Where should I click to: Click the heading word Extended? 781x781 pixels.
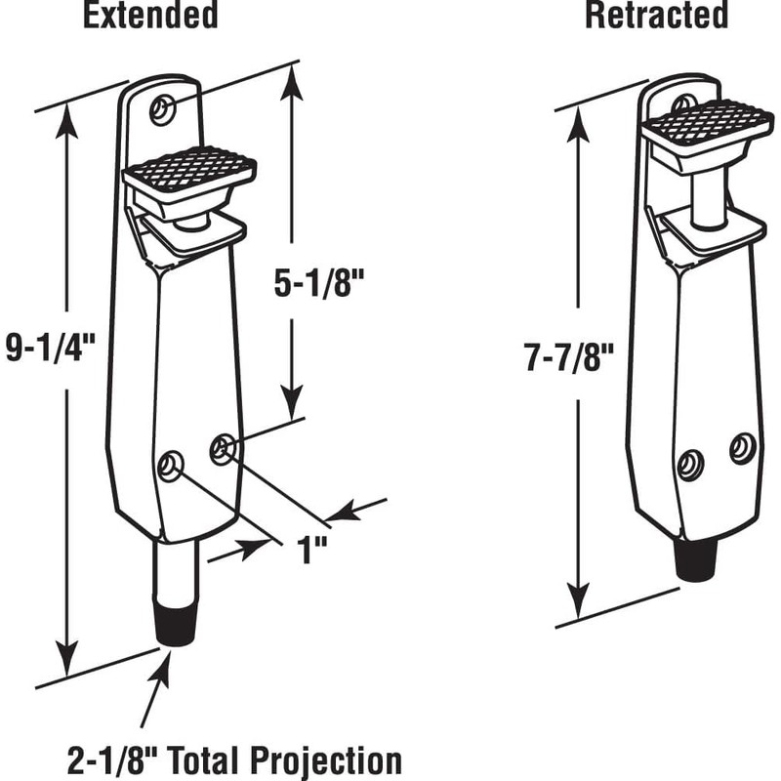tap(150, 15)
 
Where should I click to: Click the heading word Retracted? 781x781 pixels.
tap(656, 15)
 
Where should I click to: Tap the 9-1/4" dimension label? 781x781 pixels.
tap(51, 347)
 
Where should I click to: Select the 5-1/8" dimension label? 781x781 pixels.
tap(319, 283)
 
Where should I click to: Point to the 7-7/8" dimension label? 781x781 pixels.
tap(568, 357)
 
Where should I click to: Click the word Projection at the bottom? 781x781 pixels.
tap(326, 760)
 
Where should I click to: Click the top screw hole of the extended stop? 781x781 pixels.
tap(162, 108)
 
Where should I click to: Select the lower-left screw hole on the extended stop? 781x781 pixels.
tap(171, 466)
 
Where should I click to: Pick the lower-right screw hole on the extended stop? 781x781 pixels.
tap(223, 449)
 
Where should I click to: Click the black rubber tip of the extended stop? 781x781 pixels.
tap(177, 624)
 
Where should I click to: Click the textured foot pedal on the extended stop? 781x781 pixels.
tap(189, 168)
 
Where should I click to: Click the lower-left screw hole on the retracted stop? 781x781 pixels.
tap(691, 466)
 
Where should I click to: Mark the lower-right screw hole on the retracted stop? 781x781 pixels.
tap(743, 448)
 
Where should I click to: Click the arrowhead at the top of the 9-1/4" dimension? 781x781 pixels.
tap(66, 125)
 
